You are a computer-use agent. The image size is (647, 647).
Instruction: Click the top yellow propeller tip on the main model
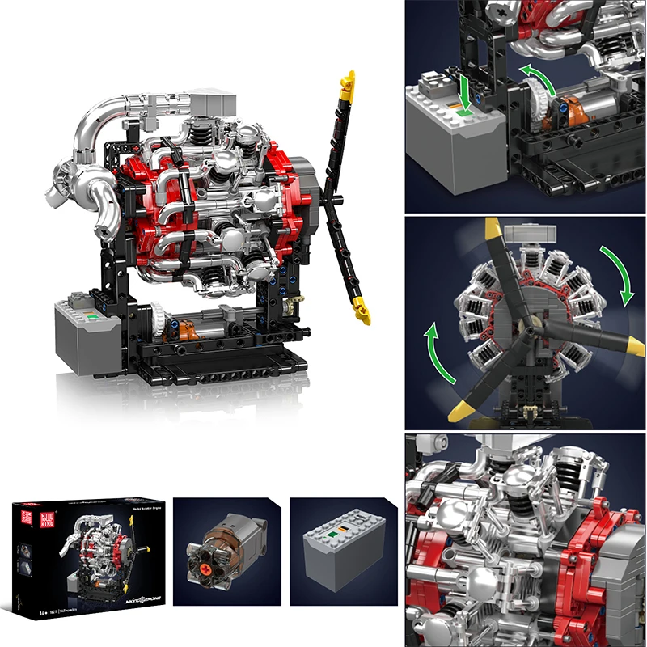point(349,82)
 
